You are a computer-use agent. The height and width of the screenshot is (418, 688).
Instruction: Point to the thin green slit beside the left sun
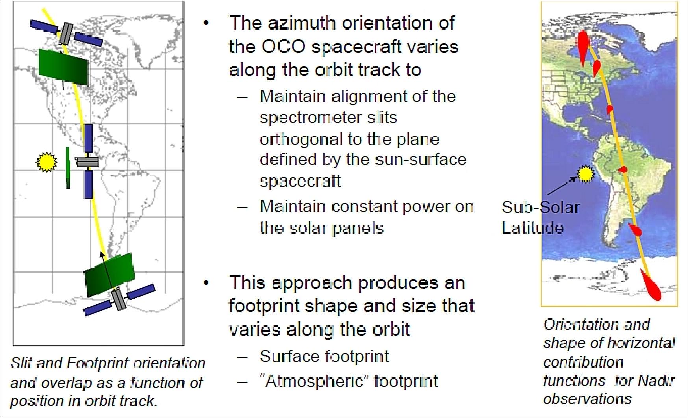pos(68,168)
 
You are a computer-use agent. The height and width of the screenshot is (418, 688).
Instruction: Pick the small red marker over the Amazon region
pos(623,169)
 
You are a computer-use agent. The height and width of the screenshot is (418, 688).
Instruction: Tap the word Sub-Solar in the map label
pos(541,207)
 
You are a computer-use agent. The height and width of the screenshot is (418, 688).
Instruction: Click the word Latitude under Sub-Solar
pos(533,228)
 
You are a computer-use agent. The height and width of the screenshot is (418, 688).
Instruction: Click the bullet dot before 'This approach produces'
pos(206,282)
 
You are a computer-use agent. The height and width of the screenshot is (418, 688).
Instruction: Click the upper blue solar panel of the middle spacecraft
pos(89,139)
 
